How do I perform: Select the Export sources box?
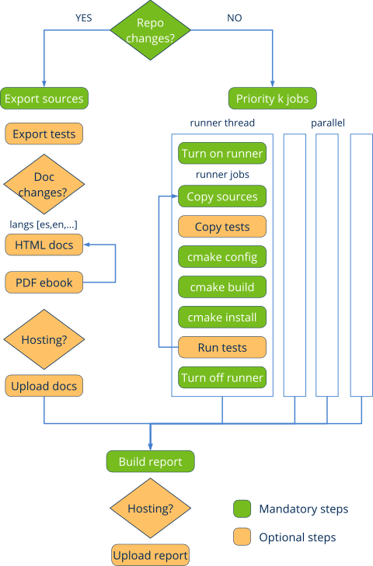[x=44, y=99]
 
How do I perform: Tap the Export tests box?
[x=44, y=134]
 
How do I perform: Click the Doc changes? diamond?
[x=44, y=184]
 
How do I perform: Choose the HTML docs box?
[x=44, y=245]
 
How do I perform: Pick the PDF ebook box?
[x=44, y=283]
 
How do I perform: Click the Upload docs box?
[x=44, y=386]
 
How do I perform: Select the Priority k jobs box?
[x=272, y=99]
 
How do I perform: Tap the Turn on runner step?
[x=222, y=154]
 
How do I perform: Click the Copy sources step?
[x=222, y=196]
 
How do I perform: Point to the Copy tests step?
[x=222, y=227]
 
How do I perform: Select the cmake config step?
[x=222, y=257]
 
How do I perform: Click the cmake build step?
[x=222, y=287]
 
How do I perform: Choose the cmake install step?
[x=222, y=318]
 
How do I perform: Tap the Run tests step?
[x=222, y=347]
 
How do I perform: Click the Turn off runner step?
[x=222, y=378]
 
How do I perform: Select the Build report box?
[x=150, y=462]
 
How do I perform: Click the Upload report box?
[x=150, y=554]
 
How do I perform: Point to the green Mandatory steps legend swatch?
[x=242, y=509]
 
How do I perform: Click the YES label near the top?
[x=83, y=17]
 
